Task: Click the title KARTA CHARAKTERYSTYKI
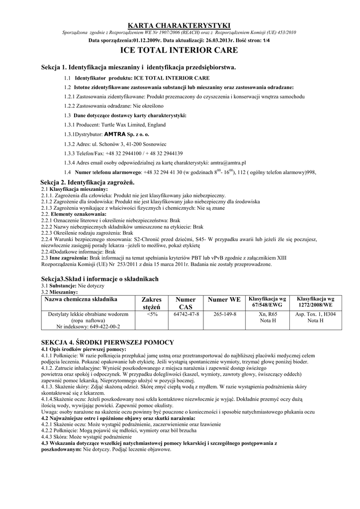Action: point(180,25)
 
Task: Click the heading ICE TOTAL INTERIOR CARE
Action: point(180,50)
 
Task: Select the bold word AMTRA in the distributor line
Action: point(114,134)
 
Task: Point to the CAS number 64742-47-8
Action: point(186,315)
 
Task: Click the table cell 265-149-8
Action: point(225,315)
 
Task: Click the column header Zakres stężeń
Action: point(152,303)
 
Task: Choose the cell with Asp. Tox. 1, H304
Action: point(315,315)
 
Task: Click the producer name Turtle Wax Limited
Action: point(126,125)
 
